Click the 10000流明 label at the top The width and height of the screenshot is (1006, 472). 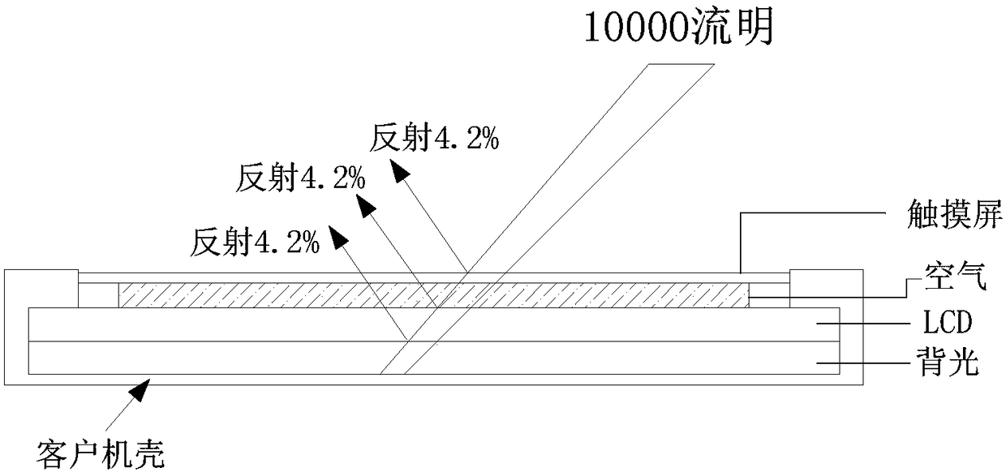677,29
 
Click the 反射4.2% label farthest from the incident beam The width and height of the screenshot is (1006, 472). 256,241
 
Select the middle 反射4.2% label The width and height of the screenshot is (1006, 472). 300,177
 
